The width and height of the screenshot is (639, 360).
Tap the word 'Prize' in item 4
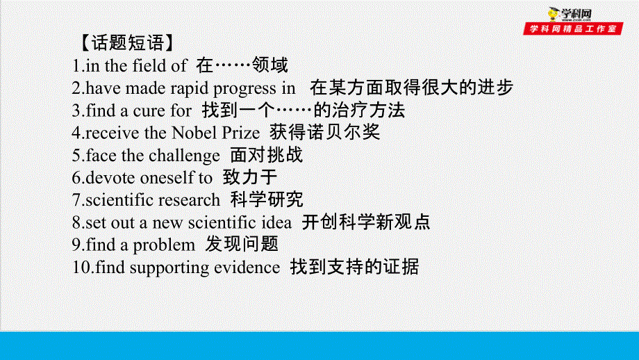click(x=238, y=133)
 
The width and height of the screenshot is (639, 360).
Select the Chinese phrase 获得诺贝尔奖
click(x=324, y=132)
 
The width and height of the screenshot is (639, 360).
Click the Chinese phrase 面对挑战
click(x=267, y=154)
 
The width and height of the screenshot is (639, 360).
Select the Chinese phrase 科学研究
click(x=267, y=199)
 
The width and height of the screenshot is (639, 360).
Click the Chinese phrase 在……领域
click(x=242, y=65)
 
